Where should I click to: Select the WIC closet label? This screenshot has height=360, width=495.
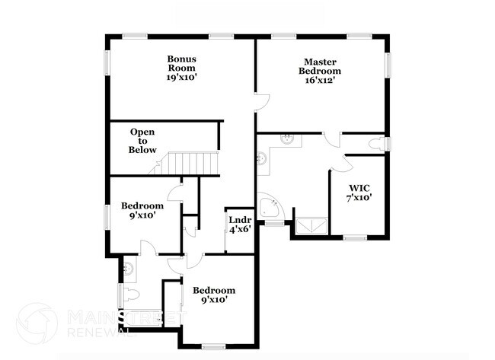point(359,187)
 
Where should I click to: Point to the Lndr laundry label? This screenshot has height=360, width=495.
point(241,221)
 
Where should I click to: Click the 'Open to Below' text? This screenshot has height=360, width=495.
point(142,141)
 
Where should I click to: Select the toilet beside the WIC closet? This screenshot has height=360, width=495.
point(378,143)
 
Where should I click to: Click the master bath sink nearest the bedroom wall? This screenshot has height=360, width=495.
point(288,139)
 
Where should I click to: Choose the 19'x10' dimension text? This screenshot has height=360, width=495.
point(182,78)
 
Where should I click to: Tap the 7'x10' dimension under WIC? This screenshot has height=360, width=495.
point(359,198)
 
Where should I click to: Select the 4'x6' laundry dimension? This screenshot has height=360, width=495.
point(241,231)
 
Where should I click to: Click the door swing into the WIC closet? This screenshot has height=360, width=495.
point(339,162)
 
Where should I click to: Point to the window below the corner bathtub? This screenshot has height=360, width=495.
point(272,224)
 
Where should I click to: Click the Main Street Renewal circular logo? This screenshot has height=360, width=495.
point(37,323)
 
